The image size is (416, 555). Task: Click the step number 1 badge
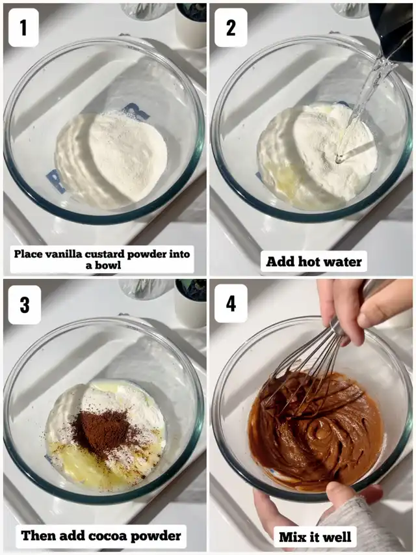click(x=23, y=27)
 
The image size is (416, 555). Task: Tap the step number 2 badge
click(x=231, y=27)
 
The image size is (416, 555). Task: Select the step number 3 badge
click(x=24, y=305)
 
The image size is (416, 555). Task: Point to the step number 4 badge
click(x=231, y=303)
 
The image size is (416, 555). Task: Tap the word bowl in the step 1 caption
click(x=108, y=265)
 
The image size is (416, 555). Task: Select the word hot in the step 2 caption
click(x=309, y=262)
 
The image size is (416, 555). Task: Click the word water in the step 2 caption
click(x=343, y=262)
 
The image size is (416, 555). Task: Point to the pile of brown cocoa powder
click(x=102, y=431)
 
